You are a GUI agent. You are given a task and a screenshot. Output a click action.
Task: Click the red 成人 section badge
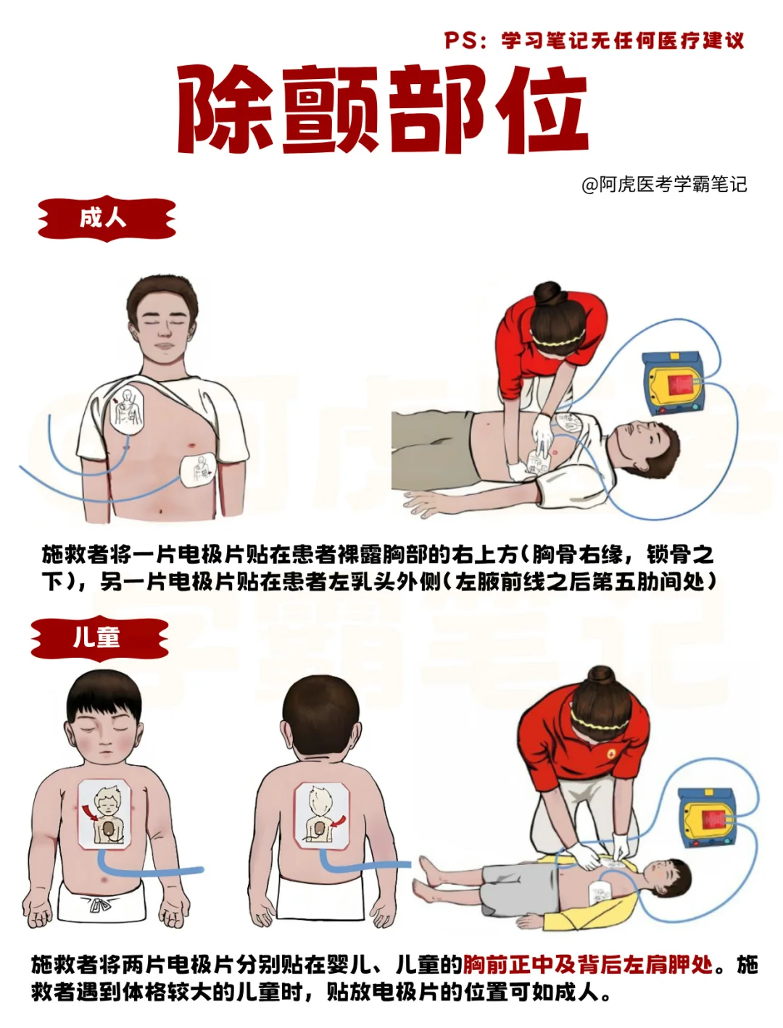pyautogui.click(x=107, y=218)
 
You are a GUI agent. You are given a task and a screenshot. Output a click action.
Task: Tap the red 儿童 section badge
pyautogui.click(x=99, y=638)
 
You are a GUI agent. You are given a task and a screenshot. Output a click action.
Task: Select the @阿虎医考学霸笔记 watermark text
pyautogui.click(x=663, y=184)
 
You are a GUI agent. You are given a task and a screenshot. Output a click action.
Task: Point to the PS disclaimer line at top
pyautogui.click(x=594, y=41)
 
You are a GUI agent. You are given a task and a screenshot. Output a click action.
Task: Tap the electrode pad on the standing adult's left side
pyautogui.click(x=198, y=471)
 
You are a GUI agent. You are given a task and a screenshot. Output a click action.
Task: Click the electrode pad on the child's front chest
pyautogui.click(x=104, y=814)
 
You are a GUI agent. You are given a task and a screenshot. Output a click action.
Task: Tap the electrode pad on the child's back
pyautogui.click(x=322, y=816)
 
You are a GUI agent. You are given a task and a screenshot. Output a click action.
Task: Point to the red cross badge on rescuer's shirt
pyautogui.click(x=611, y=753)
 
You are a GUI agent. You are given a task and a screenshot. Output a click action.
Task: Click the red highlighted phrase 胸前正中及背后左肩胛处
pyautogui.click(x=587, y=965)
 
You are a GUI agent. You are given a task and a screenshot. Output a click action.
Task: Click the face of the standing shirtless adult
pyautogui.click(x=164, y=329)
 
